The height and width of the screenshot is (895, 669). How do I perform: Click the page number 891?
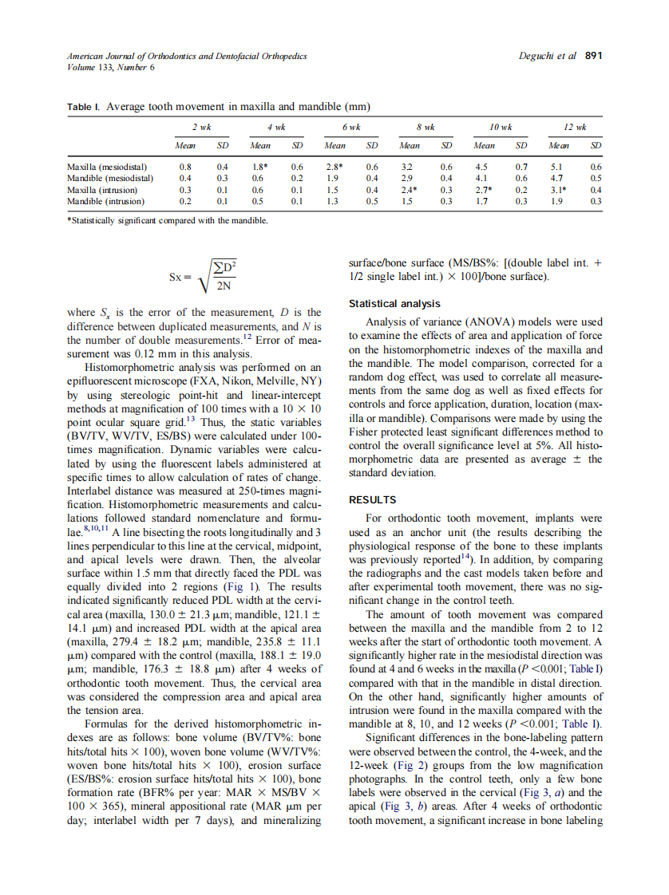(x=593, y=57)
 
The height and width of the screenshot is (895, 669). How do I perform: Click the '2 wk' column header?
(x=200, y=127)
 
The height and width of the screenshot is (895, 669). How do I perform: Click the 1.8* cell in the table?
(x=258, y=168)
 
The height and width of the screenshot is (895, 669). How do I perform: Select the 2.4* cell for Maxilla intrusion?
(x=409, y=191)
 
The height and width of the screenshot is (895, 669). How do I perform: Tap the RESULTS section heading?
(x=373, y=500)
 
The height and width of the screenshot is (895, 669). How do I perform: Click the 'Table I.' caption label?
(x=83, y=106)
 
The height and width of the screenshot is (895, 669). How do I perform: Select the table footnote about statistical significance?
(x=166, y=219)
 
